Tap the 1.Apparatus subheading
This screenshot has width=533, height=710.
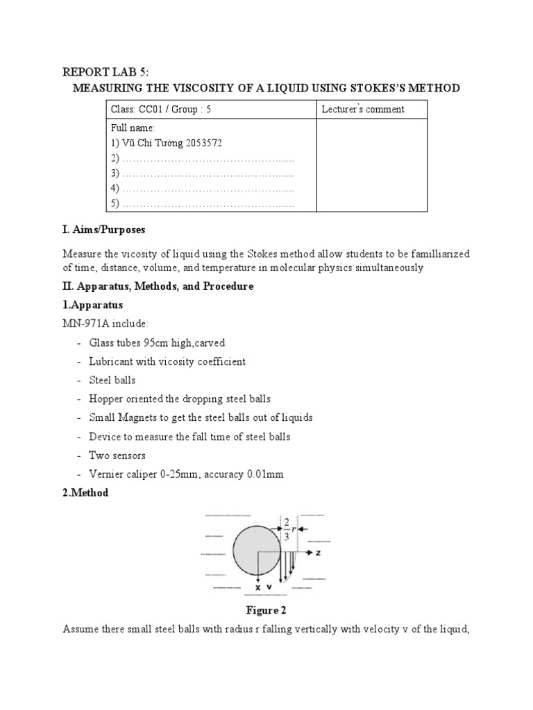92,305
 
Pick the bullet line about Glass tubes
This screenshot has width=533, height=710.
156,343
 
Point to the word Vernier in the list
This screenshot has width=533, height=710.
105,474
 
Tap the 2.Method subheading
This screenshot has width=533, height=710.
85,493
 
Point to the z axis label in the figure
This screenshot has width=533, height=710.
318,553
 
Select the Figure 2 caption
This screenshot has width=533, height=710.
266,611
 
